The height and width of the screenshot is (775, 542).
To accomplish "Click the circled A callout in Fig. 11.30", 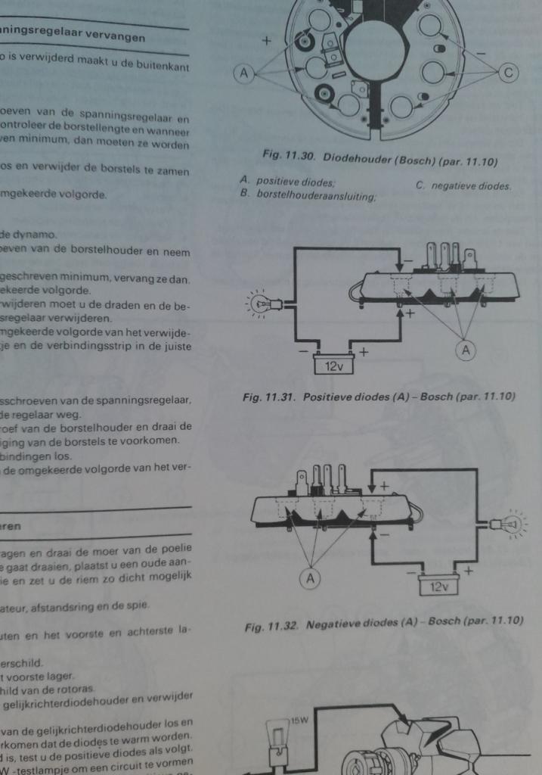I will coord(243,73).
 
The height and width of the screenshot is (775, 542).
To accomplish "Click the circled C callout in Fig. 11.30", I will coord(509,73).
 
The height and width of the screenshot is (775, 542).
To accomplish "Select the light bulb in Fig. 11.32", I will coord(510,524).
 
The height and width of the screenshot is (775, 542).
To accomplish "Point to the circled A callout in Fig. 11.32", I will coord(308,579).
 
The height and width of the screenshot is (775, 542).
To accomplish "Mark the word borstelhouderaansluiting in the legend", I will coord(317,195).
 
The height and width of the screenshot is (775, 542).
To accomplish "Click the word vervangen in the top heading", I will coord(119,36).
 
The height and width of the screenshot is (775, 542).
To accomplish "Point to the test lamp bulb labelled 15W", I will coord(277,732).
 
